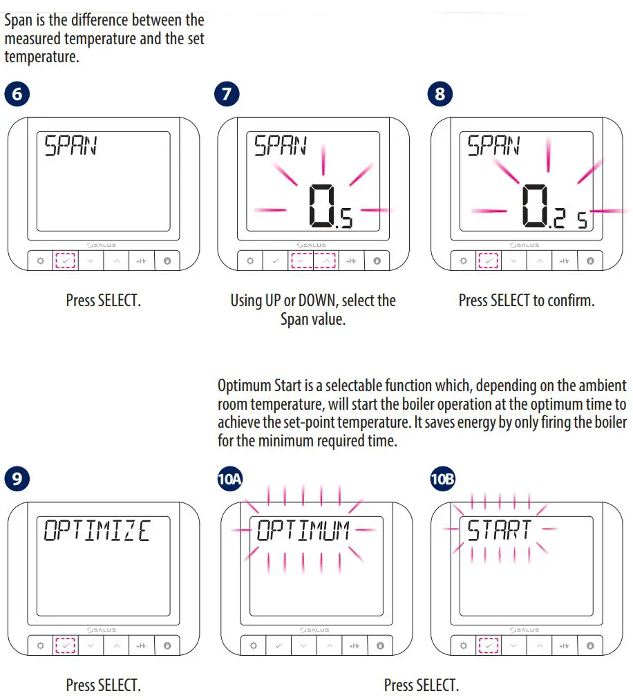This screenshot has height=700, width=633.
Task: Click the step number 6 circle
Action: point(17,94)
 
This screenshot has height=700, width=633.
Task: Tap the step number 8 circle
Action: point(440,94)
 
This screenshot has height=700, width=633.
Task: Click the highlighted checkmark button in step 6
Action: point(64,261)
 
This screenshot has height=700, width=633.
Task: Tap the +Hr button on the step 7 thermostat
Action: point(350,261)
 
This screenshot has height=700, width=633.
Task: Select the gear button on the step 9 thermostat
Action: point(39,645)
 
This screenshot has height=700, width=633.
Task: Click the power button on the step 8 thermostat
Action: point(589,261)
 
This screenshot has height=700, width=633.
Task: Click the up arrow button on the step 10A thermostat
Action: point(329,645)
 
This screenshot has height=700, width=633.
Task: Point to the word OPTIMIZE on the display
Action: point(97,531)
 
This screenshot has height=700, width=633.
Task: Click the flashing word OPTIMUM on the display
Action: point(303,531)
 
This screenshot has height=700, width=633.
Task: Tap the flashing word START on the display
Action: point(499,531)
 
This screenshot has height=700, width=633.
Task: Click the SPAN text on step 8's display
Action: point(493,146)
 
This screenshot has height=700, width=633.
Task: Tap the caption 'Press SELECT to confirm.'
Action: point(526,301)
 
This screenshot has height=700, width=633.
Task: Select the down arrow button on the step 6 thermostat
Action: point(91,261)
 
